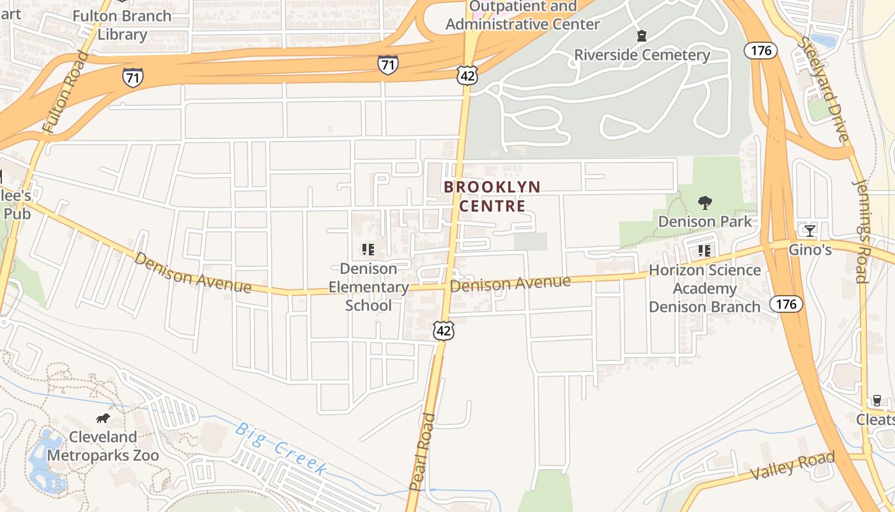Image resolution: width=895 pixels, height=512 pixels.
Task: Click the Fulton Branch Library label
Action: click(122, 25)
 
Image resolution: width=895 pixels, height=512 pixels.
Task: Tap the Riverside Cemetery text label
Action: click(642, 55)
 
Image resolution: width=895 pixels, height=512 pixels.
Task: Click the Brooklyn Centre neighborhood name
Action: click(492, 196)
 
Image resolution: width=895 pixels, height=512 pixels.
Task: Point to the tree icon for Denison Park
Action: click(705, 204)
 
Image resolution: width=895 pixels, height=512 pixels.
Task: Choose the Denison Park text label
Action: click(705, 221)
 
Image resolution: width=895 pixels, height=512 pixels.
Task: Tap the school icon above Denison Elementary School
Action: click(368, 250)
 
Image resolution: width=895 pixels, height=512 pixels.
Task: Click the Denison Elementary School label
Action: click(368, 287)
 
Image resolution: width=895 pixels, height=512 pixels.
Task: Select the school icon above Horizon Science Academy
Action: click(704, 251)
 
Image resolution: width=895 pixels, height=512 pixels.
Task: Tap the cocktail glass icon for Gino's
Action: click(810, 231)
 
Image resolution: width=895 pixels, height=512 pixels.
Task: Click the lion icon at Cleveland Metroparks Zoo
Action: click(103, 419)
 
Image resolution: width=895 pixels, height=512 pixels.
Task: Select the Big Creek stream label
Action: click(282, 448)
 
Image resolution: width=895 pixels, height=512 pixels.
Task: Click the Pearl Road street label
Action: click(422, 452)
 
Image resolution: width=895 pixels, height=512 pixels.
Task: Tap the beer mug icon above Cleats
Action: click(877, 401)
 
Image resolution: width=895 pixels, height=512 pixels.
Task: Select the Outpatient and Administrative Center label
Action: click(523, 16)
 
